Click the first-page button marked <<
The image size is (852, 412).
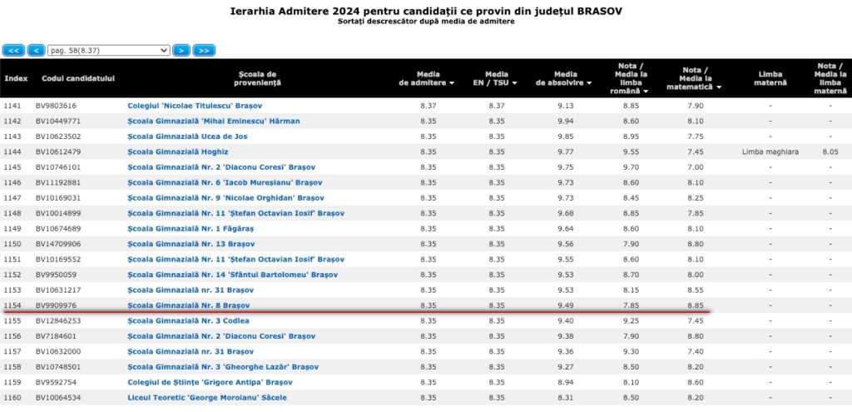click(x=13, y=50)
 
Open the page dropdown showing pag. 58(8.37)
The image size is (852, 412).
click(x=108, y=50)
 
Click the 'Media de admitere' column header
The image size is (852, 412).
click(x=427, y=78)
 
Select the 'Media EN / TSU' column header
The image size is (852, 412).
click(x=498, y=78)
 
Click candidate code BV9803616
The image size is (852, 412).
click(x=56, y=106)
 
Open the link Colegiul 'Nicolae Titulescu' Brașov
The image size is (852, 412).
click(x=189, y=106)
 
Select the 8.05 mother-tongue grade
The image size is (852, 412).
click(x=830, y=151)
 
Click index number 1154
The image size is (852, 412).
click(x=12, y=305)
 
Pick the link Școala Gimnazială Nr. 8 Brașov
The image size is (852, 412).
click(x=189, y=305)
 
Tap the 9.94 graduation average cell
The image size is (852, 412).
click(x=565, y=121)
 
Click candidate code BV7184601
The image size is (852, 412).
click(x=56, y=336)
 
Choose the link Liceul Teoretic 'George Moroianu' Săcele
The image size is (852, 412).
click(x=207, y=398)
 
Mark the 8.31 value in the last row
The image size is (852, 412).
click(x=565, y=398)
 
